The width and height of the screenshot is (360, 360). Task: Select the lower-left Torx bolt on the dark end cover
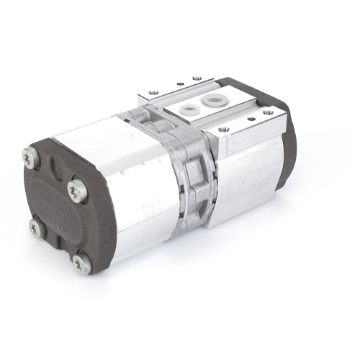[35, 228]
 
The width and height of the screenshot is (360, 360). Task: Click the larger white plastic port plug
[214, 99]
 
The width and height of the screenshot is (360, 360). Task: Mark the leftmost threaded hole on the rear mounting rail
[154, 91]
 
